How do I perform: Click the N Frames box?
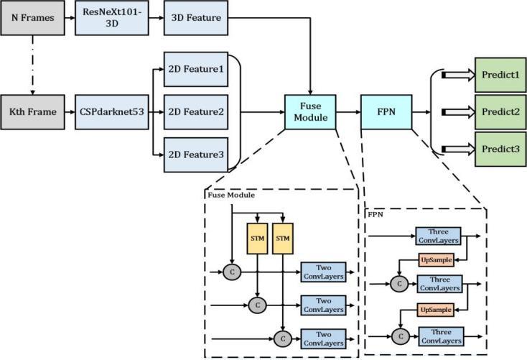click(31, 17)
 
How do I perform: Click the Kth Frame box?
click(31, 112)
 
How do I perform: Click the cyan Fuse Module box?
click(309, 111)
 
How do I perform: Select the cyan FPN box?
click(386, 111)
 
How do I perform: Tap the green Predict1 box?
click(500, 74)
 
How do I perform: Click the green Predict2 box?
click(500, 111)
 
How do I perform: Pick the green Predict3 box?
click(500, 149)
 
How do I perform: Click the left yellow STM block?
click(258, 238)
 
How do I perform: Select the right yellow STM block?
click(284, 238)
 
